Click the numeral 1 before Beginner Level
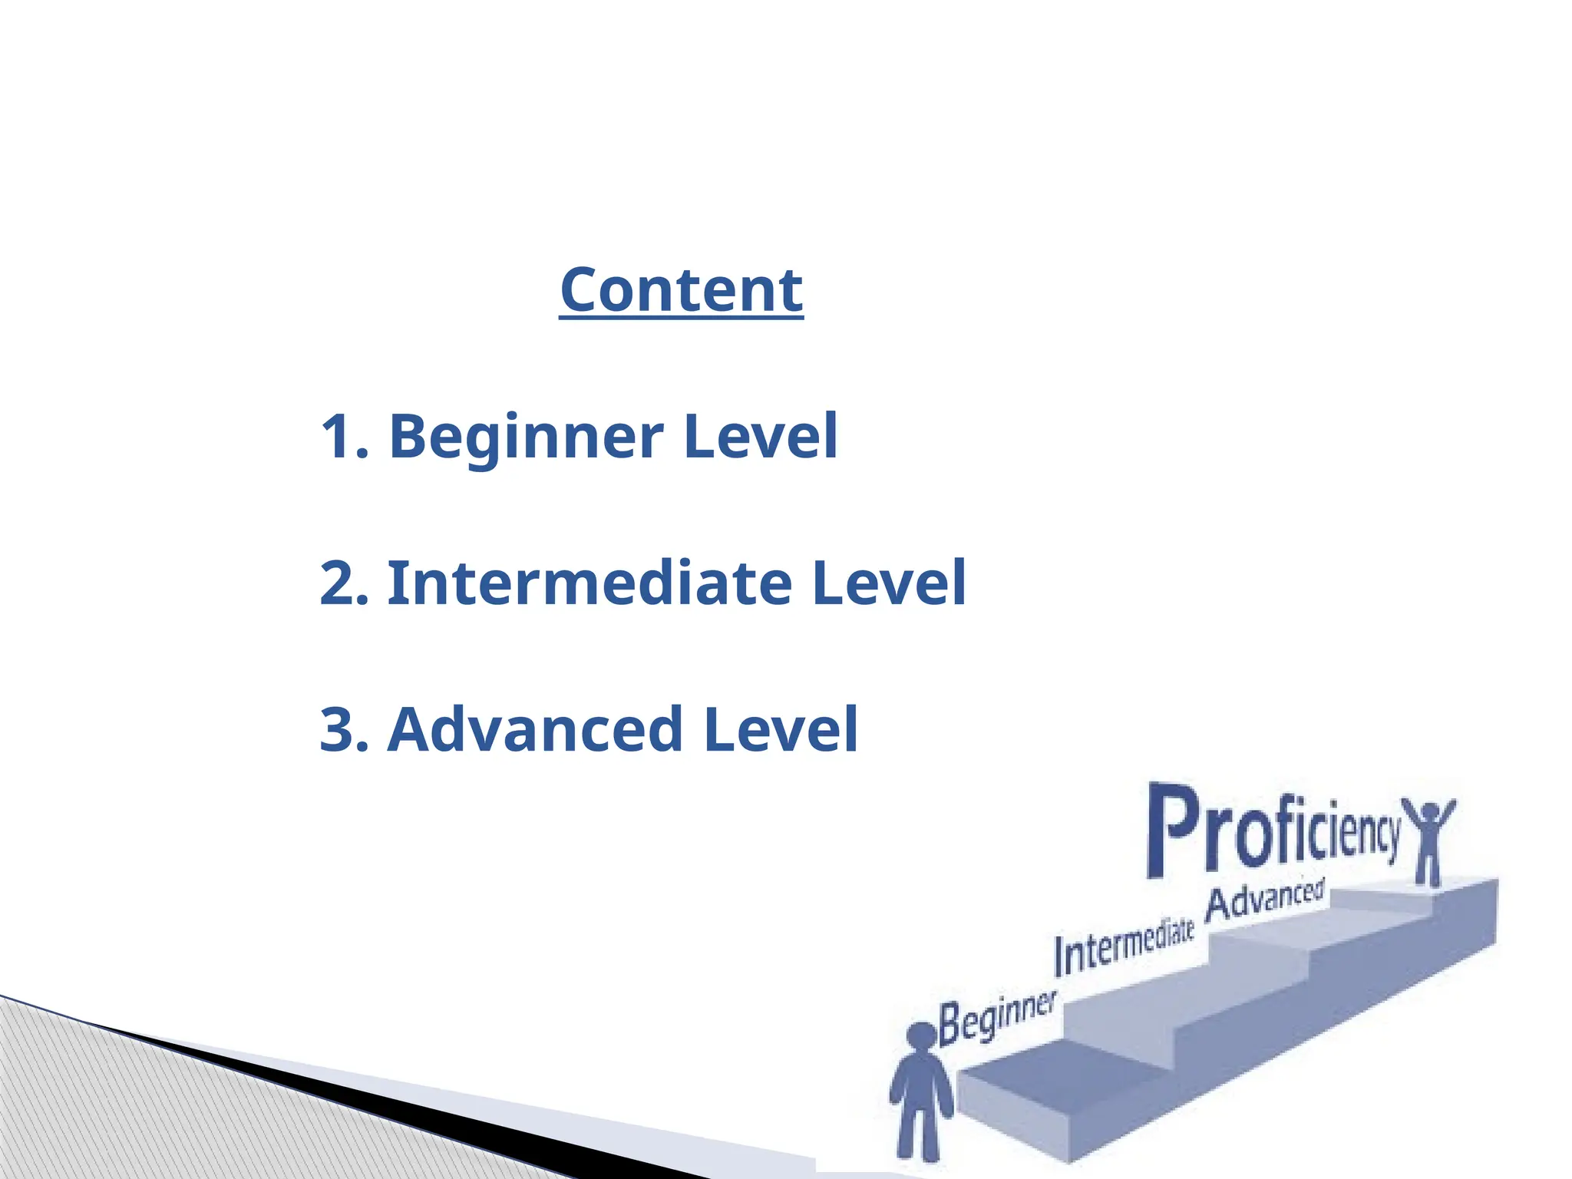coord(336,436)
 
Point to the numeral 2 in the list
coord(338,583)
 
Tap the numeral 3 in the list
coord(338,729)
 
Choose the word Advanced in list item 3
coord(535,729)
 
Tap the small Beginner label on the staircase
coord(996,1018)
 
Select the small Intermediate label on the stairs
coord(1124,946)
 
